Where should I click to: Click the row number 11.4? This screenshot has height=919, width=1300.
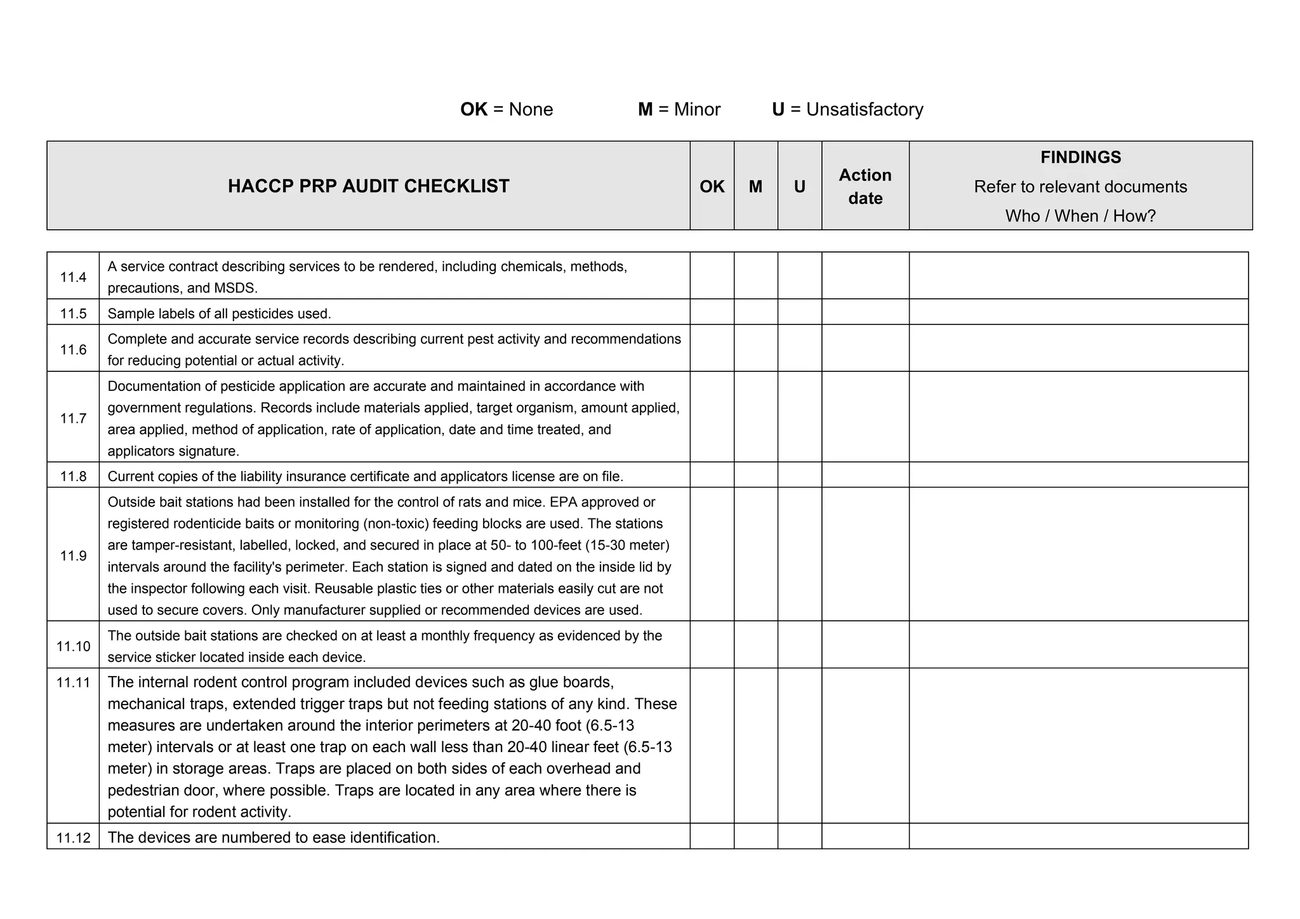pos(73,277)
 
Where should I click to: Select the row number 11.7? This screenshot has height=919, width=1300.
pos(73,418)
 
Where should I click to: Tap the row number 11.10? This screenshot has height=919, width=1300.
pos(73,646)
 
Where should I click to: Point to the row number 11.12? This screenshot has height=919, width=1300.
pos(73,838)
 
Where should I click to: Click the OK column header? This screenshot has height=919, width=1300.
pos(712,186)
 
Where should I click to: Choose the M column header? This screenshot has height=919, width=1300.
pos(755,186)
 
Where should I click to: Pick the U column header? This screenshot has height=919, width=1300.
pos(799,186)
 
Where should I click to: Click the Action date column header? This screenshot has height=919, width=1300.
pos(865,186)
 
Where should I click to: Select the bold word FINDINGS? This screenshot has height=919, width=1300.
pos(1080,157)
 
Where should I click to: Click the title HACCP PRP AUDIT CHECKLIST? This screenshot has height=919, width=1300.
pos(368,186)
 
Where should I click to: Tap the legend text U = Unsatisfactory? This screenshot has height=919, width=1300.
pos(847,109)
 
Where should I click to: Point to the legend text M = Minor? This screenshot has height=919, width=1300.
pos(679,109)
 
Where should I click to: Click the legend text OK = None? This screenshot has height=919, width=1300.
pos(507,109)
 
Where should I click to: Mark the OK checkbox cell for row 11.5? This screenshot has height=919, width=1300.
pos(712,312)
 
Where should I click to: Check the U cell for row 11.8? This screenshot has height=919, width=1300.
pos(799,475)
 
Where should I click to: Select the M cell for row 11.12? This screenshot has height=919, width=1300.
pos(755,836)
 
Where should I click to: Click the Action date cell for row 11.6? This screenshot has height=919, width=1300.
pos(865,348)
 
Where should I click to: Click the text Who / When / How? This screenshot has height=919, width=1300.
pos(1080,216)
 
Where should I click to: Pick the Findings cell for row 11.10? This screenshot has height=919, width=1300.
pos(1078,645)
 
